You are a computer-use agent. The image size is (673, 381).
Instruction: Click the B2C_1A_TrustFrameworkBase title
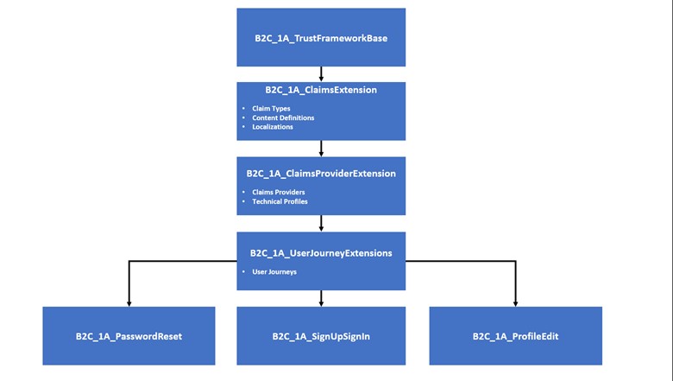click(x=321, y=38)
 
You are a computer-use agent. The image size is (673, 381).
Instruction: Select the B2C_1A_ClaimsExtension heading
click(x=321, y=90)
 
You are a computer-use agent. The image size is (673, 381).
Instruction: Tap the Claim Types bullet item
click(x=271, y=109)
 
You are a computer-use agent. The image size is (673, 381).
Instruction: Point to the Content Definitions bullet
click(x=283, y=117)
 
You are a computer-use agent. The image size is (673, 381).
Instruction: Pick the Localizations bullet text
click(x=273, y=127)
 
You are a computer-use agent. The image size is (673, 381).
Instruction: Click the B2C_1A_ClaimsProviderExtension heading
click(x=321, y=174)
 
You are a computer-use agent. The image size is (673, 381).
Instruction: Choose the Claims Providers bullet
click(x=279, y=192)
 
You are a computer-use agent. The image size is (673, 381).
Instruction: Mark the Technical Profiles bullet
click(x=280, y=201)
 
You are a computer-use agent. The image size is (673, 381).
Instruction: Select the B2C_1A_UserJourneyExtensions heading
click(x=321, y=253)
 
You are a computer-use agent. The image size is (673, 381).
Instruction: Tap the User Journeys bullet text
click(x=274, y=272)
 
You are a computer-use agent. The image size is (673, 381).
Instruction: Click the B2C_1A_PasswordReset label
click(x=129, y=336)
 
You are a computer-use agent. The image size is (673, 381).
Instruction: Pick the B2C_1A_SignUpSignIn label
click(x=321, y=336)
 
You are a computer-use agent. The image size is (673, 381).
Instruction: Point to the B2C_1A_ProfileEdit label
click(x=515, y=336)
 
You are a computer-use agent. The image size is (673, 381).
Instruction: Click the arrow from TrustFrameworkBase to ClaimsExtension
click(x=321, y=74)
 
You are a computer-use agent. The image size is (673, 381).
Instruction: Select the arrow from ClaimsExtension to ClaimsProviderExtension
click(x=321, y=149)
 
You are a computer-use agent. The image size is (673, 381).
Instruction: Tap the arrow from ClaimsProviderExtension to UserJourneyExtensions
click(x=321, y=224)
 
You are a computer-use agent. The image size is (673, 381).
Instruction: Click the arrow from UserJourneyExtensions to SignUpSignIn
click(x=321, y=298)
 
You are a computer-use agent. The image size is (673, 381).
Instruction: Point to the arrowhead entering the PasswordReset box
click(x=129, y=304)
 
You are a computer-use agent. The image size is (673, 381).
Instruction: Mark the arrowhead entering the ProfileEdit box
click(x=515, y=304)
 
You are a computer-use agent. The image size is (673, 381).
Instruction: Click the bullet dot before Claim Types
click(x=243, y=109)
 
